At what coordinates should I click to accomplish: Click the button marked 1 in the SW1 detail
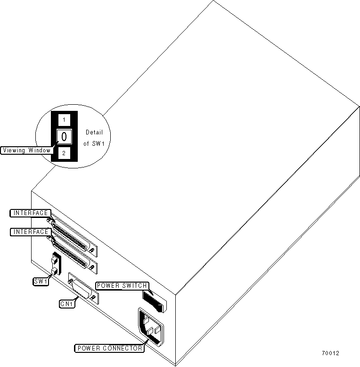pyautogui.click(x=64, y=120)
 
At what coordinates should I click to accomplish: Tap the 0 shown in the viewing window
pyautogui.click(x=64, y=137)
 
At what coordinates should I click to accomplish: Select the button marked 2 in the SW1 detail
pyautogui.click(x=64, y=153)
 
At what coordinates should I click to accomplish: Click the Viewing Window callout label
pyautogui.click(x=26, y=150)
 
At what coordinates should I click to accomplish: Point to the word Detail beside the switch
pyautogui.click(x=94, y=133)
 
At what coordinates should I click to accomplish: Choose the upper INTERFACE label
pyautogui.click(x=30, y=213)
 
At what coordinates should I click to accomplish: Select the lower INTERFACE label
pyautogui.click(x=30, y=232)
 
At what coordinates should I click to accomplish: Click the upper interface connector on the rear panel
pyautogui.click(x=73, y=234)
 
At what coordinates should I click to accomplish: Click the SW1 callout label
pyautogui.click(x=40, y=282)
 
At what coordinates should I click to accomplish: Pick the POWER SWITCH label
pyautogui.click(x=123, y=285)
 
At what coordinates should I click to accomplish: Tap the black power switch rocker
pyautogui.click(x=153, y=300)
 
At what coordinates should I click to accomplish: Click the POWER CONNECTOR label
pyautogui.click(x=109, y=349)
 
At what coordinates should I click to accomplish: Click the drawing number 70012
pyautogui.click(x=330, y=353)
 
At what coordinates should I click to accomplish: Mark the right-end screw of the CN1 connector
pyautogui.click(x=94, y=298)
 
